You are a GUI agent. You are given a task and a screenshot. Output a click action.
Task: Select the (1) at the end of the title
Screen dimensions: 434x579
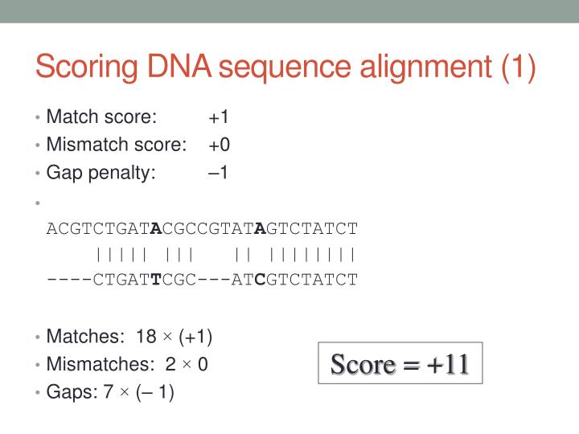pos(518,66)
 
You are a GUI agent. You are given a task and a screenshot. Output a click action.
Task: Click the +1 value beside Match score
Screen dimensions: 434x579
pos(219,117)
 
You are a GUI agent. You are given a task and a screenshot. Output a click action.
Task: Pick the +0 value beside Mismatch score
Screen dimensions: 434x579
pos(219,145)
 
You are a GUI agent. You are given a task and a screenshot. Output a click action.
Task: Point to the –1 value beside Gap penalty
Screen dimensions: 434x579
pos(218,172)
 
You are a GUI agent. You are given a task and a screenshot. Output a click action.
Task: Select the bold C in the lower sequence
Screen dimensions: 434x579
pos(260,280)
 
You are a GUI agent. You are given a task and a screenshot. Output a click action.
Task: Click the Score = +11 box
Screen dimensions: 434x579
pos(400,365)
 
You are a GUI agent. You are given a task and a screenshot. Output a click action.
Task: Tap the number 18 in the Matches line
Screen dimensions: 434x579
pos(146,337)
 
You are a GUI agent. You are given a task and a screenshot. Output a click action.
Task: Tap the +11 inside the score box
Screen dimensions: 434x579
pos(447,365)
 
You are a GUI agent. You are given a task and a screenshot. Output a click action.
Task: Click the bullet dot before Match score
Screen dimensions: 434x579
pos(38,117)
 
